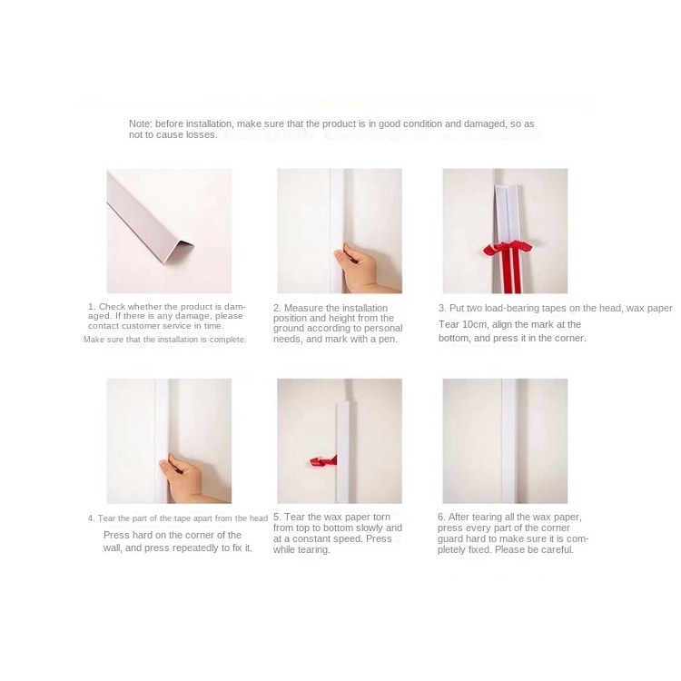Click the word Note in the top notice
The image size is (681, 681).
(140, 123)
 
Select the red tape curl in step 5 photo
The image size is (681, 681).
(323, 460)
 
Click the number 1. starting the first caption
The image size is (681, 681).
(92, 307)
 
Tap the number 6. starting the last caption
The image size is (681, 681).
(441, 517)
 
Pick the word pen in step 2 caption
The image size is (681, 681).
(388, 340)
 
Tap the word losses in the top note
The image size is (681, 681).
(202, 134)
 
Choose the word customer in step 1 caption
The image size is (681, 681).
(140, 326)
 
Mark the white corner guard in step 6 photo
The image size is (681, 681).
(509, 440)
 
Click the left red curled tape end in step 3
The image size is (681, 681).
(493, 250)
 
